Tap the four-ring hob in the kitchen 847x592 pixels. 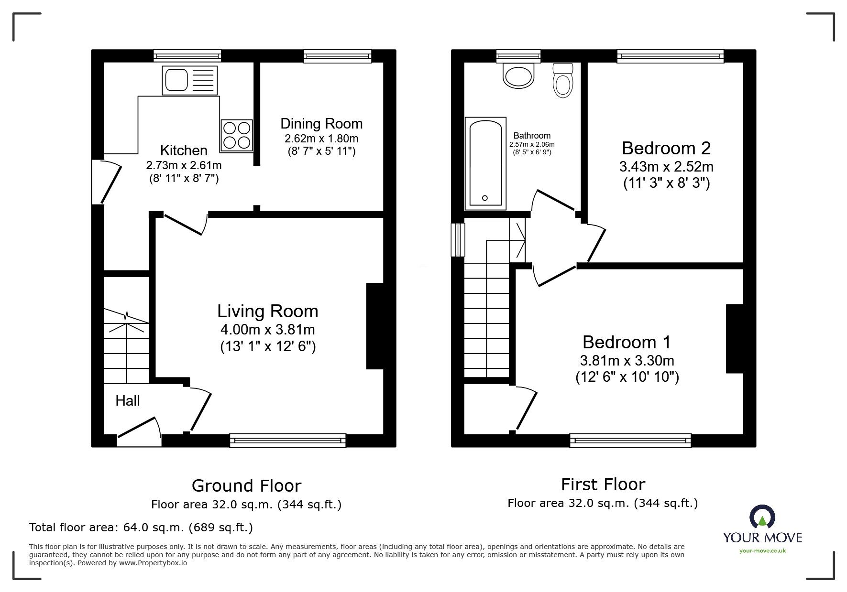click(236, 136)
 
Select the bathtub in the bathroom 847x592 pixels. click(485, 163)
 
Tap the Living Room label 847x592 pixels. click(268, 311)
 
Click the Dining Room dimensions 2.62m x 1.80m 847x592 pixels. click(321, 139)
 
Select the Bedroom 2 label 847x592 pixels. click(666, 148)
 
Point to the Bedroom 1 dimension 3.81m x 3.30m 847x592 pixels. click(627, 360)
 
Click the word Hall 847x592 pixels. click(128, 400)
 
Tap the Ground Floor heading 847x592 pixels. click(246, 485)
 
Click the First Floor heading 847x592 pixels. click(603, 484)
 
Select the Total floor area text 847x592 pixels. click(141, 527)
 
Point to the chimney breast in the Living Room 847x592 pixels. click(375, 326)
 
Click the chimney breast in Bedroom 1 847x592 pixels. click(735, 338)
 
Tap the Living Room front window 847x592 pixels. click(288, 440)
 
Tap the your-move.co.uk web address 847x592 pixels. click(762, 551)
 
